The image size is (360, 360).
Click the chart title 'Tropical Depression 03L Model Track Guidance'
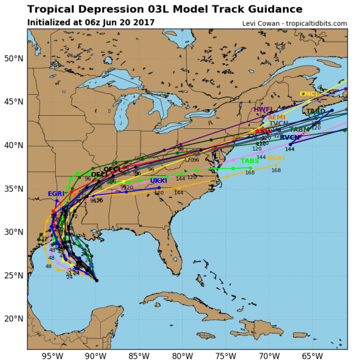[x=164, y=9]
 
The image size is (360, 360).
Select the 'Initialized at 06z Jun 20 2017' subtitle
[x=91, y=23]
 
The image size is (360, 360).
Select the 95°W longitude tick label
[x=53, y=355]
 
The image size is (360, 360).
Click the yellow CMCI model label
[x=308, y=94]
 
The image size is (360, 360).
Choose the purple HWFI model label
[x=263, y=110]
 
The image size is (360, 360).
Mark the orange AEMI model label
[x=277, y=117]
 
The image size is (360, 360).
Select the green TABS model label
[x=250, y=161]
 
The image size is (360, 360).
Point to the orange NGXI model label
[x=276, y=158]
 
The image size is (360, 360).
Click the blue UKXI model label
[x=158, y=181]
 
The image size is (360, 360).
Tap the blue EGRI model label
[x=56, y=194]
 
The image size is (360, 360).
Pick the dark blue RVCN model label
[x=290, y=137]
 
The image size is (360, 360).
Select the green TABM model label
[x=299, y=130]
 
